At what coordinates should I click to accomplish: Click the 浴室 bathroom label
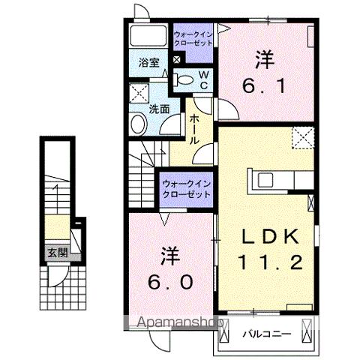[x=148, y=63]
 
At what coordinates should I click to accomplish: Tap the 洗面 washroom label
[x=158, y=109]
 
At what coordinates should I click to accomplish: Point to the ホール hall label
[x=194, y=129]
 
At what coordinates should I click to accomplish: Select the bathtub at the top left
[x=147, y=36]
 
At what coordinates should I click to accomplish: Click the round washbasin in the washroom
[x=139, y=125]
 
